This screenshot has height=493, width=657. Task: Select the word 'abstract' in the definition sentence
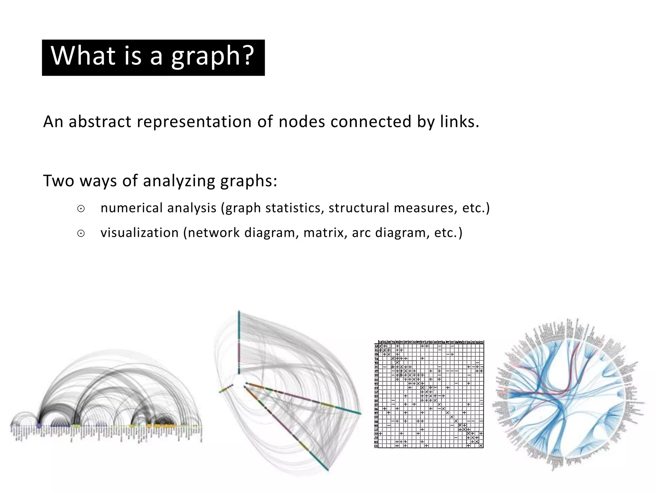(x=100, y=122)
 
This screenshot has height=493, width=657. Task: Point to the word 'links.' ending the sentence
(x=460, y=122)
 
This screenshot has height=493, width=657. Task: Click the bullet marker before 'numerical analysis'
(x=81, y=209)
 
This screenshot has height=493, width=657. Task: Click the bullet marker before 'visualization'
(x=81, y=234)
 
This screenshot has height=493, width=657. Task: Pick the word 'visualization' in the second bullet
(x=139, y=233)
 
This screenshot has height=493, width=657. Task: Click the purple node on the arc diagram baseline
(x=39, y=426)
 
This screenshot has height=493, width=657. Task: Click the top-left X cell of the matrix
(x=380, y=346)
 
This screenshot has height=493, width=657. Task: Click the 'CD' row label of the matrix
(x=376, y=446)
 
